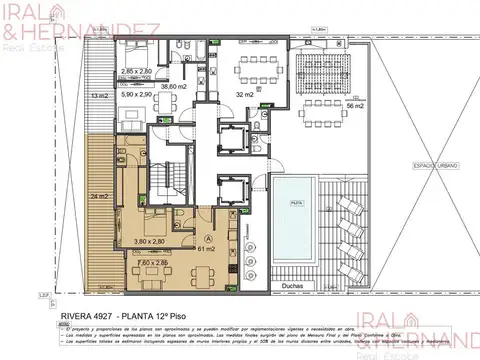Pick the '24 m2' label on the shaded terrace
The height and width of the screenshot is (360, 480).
coord(97,196)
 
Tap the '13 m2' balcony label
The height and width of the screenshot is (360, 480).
coord(98,94)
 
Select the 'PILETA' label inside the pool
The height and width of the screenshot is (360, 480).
coord(296,201)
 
